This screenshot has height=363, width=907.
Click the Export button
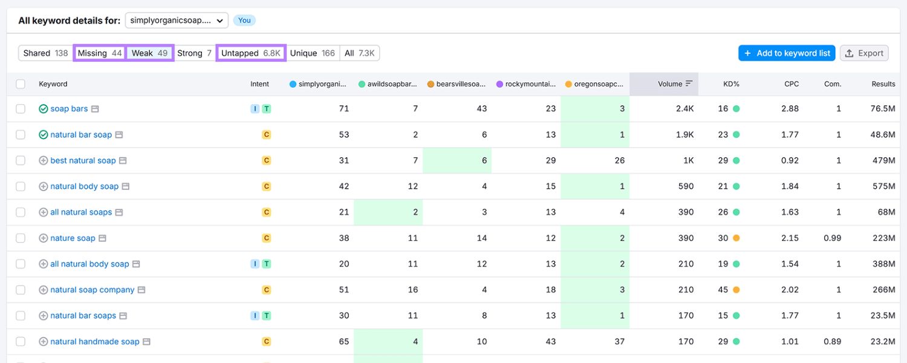tap(864, 53)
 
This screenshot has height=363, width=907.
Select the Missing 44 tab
tap(100, 53)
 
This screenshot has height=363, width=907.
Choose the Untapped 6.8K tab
tap(250, 53)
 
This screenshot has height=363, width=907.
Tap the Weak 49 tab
tap(149, 53)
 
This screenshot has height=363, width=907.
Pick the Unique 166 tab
tap(312, 53)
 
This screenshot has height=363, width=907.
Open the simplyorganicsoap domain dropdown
tap(177, 21)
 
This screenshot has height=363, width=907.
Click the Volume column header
tap(670, 84)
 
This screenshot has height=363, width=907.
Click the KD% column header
tap(731, 84)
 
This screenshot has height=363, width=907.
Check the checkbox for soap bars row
tap(21, 109)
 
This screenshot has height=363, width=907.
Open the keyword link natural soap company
tap(93, 290)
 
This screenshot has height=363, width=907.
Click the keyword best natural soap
tap(83, 160)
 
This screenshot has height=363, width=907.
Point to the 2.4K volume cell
tap(684, 109)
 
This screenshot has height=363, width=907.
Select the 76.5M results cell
tap(883, 109)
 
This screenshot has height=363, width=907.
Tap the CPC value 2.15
tap(790, 238)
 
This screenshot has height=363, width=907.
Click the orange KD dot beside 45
tap(736, 290)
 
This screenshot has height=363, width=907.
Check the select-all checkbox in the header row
tap(21, 84)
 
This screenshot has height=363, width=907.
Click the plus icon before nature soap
tap(43, 238)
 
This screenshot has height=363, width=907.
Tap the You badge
tap(244, 21)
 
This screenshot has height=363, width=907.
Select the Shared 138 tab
tap(45, 53)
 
